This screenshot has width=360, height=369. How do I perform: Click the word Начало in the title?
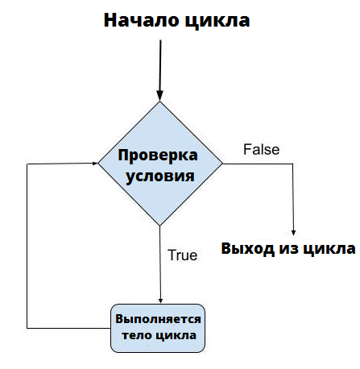(x=141, y=20)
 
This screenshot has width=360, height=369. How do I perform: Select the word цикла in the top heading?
(x=217, y=21)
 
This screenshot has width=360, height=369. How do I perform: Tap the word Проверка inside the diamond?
(x=158, y=155)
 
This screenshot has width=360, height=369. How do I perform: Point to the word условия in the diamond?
(x=160, y=176)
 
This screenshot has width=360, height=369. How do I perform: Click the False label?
(x=261, y=149)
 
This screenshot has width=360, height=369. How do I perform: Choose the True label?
(x=183, y=255)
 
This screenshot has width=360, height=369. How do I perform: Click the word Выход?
(x=248, y=248)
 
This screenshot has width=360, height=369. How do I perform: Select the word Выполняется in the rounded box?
(x=158, y=319)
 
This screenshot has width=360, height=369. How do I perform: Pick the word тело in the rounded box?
(x=136, y=335)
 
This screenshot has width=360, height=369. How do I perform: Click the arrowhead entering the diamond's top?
(x=160, y=96)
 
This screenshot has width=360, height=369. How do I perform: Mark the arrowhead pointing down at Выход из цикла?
(x=293, y=233)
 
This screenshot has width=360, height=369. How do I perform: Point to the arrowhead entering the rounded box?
(x=160, y=301)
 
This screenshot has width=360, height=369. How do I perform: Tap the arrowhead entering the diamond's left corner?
(x=95, y=163)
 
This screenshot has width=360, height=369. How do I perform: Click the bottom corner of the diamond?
(x=160, y=226)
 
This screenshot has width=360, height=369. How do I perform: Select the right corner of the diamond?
(x=223, y=164)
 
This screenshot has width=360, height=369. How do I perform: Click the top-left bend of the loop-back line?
(x=27, y=164)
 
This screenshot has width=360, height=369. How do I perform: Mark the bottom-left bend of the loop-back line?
(x=27, y=328)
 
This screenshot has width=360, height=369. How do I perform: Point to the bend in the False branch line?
(x=292, y=164)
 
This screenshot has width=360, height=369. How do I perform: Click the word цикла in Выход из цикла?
(x=329, y=249)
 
